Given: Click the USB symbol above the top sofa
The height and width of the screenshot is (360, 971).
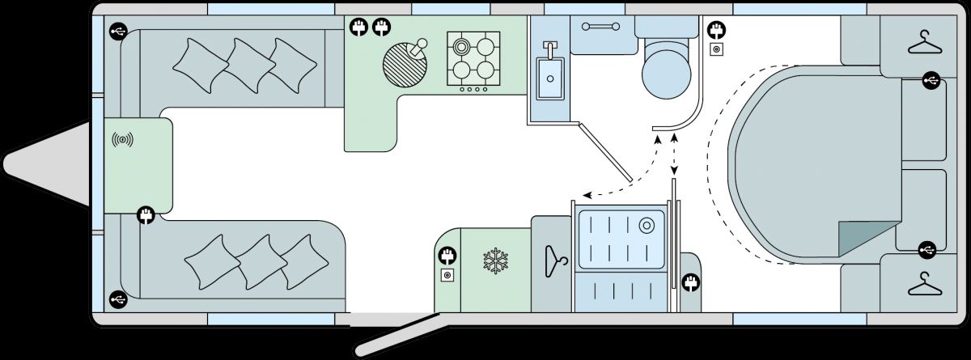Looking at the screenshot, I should [x=118, y=32].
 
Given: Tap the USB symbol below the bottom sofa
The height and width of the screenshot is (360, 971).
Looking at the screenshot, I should [x=118, y=299].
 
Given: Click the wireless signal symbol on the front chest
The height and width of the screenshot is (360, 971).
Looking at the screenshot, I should [x=122, y=141].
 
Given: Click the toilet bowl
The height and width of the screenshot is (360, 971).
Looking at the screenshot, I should [x=667, y=71].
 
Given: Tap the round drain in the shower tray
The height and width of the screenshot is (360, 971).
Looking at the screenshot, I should [x=646, y=224].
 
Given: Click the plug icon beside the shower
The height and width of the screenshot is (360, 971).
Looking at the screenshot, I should [x=691, y=283].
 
